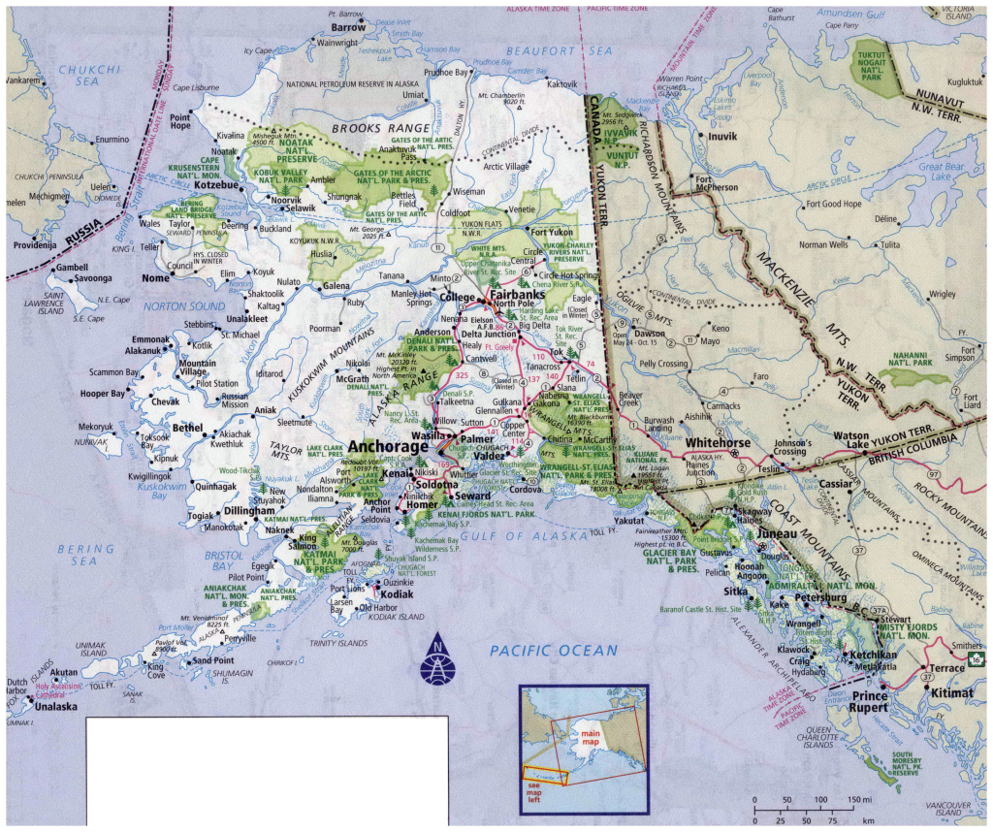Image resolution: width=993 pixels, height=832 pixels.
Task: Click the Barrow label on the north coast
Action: [x=348, y=28]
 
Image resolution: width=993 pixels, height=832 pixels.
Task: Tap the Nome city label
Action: [x=156, y=278]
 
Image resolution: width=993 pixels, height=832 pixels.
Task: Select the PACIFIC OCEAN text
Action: [x=553, y=650]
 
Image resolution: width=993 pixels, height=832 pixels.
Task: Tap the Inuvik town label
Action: [x=723, y=137]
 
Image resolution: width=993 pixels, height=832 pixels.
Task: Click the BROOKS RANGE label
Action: [x=380, y=128]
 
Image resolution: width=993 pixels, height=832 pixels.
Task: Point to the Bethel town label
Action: [x=187, y=427]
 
